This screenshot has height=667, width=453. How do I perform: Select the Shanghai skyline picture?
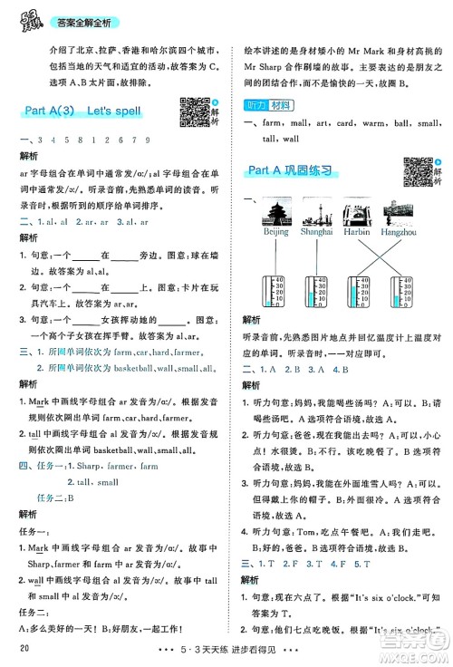[320, 216]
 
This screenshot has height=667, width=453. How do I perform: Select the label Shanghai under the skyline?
[320, 233]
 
